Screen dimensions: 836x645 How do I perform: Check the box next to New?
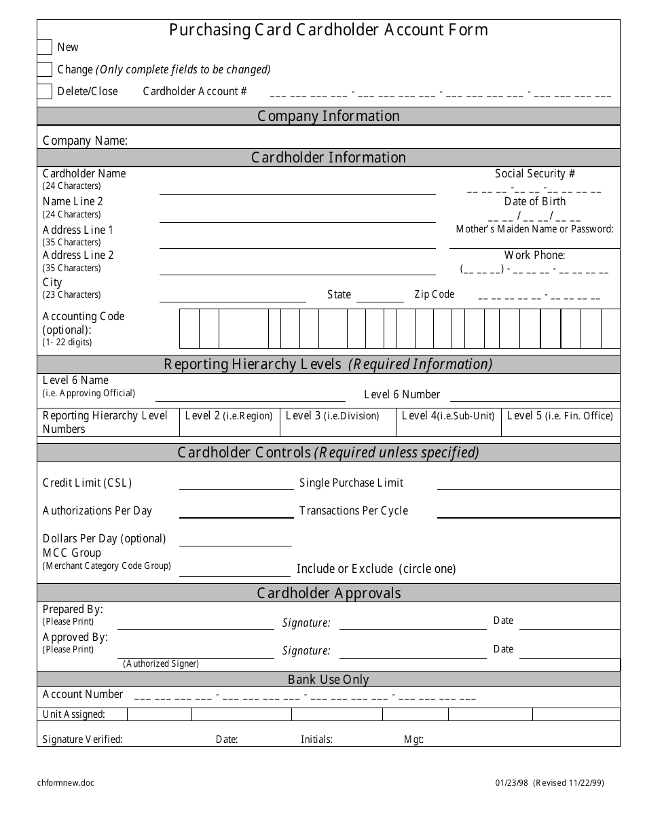click(x=45, y=47)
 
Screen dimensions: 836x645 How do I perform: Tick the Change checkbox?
click(x=45, y=69)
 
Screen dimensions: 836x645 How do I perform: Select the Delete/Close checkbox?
click(x=45, y=91)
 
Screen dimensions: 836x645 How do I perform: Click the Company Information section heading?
click(x=328, y=116)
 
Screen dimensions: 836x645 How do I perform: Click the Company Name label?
click(x=85, y=141)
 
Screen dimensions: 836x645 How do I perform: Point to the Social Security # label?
click(x=535, y=174)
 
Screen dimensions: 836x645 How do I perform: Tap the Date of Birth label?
click(x=534, y=202)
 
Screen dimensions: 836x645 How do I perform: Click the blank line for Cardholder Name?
click(x=297, y=189)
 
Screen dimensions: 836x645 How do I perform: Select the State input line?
click(x=380, y=297)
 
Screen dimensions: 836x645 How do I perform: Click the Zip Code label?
click(x=434, y=294)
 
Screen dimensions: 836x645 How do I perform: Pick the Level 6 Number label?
click(x=402, y=394)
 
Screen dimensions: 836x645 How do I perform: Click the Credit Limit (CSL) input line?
click(x=236, y=484)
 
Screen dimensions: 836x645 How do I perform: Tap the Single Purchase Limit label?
click(x=351, y=483)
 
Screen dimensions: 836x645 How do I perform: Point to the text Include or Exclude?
click(x=345, y=569)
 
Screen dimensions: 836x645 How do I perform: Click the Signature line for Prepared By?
click(x=413, y=625)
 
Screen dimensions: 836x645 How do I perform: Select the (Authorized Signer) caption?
click(x=161, y=664)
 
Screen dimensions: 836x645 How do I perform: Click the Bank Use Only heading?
click(x=328, y=680)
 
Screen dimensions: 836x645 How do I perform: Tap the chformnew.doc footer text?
click(x=66, y=783)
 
